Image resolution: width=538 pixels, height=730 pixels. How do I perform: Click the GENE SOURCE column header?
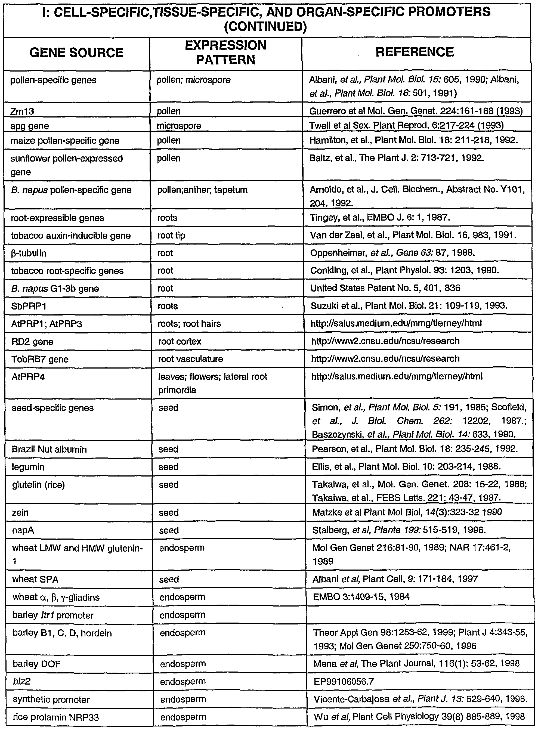(x=76, y=53)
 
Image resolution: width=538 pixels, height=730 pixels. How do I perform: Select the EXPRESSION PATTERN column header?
(x=225, y=52)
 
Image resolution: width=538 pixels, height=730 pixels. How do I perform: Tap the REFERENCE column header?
(x=414, y=52)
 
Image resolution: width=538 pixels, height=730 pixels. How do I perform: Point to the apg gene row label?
(x=29, y=126)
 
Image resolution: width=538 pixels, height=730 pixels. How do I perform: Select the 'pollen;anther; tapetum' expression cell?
(x=202, y=190)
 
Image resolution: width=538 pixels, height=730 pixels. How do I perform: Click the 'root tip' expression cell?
(x=171, y=236)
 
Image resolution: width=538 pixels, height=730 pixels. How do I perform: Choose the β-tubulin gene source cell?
(x=28, y=253)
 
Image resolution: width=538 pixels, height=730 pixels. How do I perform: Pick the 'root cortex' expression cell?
(x=180, y=341)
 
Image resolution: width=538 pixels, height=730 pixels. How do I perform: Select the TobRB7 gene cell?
(x=40, y=359)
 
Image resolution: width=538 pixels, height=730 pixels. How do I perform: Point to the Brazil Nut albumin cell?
(x=49, y=449)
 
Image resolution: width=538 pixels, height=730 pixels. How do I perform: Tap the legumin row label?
(x=28, y=467)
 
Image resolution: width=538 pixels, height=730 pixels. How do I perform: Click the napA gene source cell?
(x=23, y=530)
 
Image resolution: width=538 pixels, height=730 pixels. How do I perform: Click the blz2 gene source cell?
(x=21, y=682)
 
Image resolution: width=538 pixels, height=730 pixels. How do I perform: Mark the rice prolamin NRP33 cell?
(x=56, y=717)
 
